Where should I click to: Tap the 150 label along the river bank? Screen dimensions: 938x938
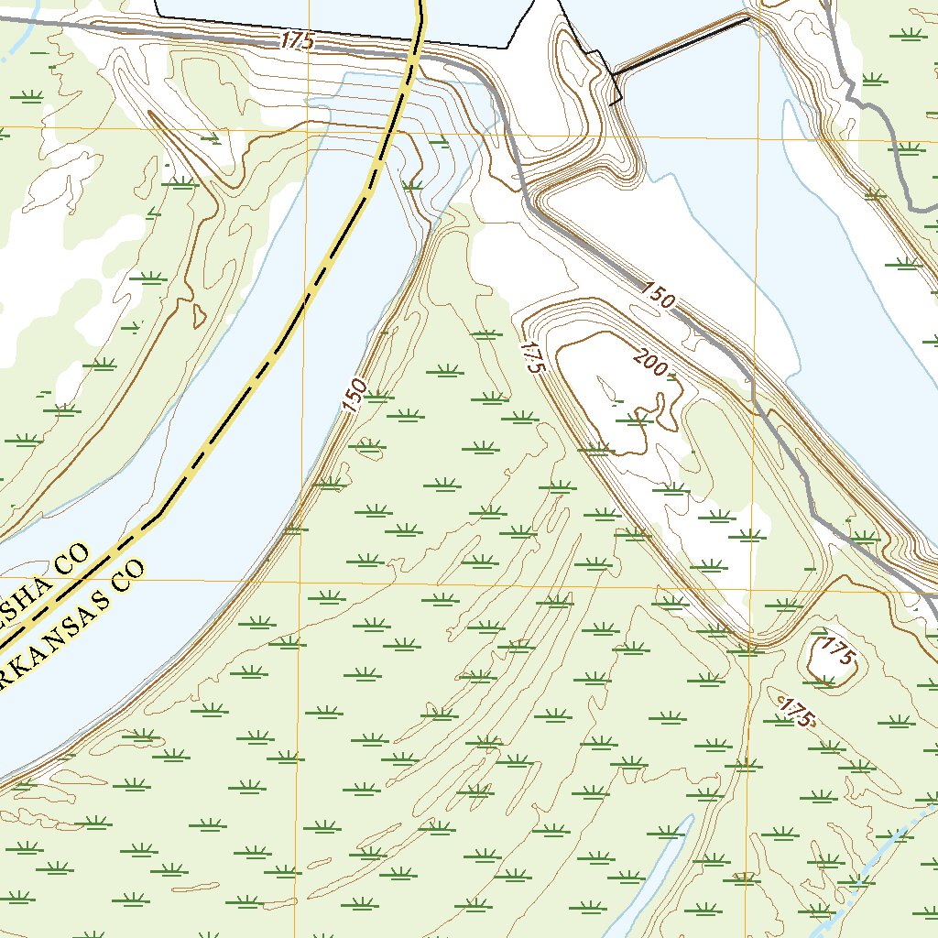(355, 395)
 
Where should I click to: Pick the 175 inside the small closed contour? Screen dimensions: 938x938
(836, 651)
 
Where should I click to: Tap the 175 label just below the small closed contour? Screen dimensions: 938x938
(796, 712)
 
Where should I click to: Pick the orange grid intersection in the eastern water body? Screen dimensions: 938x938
(758, 136)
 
